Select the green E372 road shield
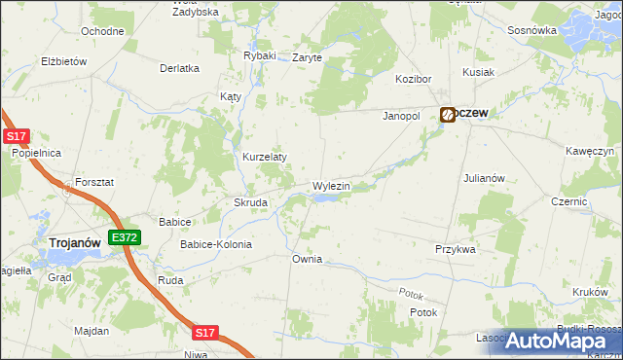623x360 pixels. pos(126,237)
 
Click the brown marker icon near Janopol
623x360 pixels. pos(447,114)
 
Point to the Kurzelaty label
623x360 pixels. pos(264,157)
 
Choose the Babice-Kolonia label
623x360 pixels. pos(215,244)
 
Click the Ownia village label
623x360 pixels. pos(307,260)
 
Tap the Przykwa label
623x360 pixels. pos(455,249)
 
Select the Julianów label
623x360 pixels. pos(484,178)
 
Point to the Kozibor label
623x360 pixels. pos(412,78)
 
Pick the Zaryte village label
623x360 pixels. pos(307,57)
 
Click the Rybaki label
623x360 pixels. pos(260,55)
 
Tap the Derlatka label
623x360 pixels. pos(179,68)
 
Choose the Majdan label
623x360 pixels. pos(92,331)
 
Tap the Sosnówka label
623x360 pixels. pos(531,30)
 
